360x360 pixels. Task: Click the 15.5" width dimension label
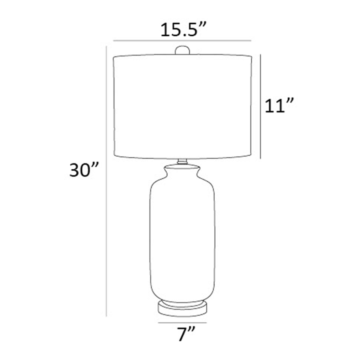tap(183, 30)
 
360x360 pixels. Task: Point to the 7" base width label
tap(186, 334)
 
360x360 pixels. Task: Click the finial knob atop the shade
tap(182, 50)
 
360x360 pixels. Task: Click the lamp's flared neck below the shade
tap(182, 171)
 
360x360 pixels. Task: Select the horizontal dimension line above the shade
tap(182, 41)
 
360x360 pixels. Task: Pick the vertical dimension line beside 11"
tap(261, 107)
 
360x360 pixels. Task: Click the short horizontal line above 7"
tap(182, 322)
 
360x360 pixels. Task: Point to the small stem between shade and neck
tap(182, 161)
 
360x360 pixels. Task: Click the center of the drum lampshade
tap(182, 107)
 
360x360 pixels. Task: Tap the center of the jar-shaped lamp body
tap(182, 240)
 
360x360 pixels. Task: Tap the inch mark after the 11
tap(290, 102)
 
